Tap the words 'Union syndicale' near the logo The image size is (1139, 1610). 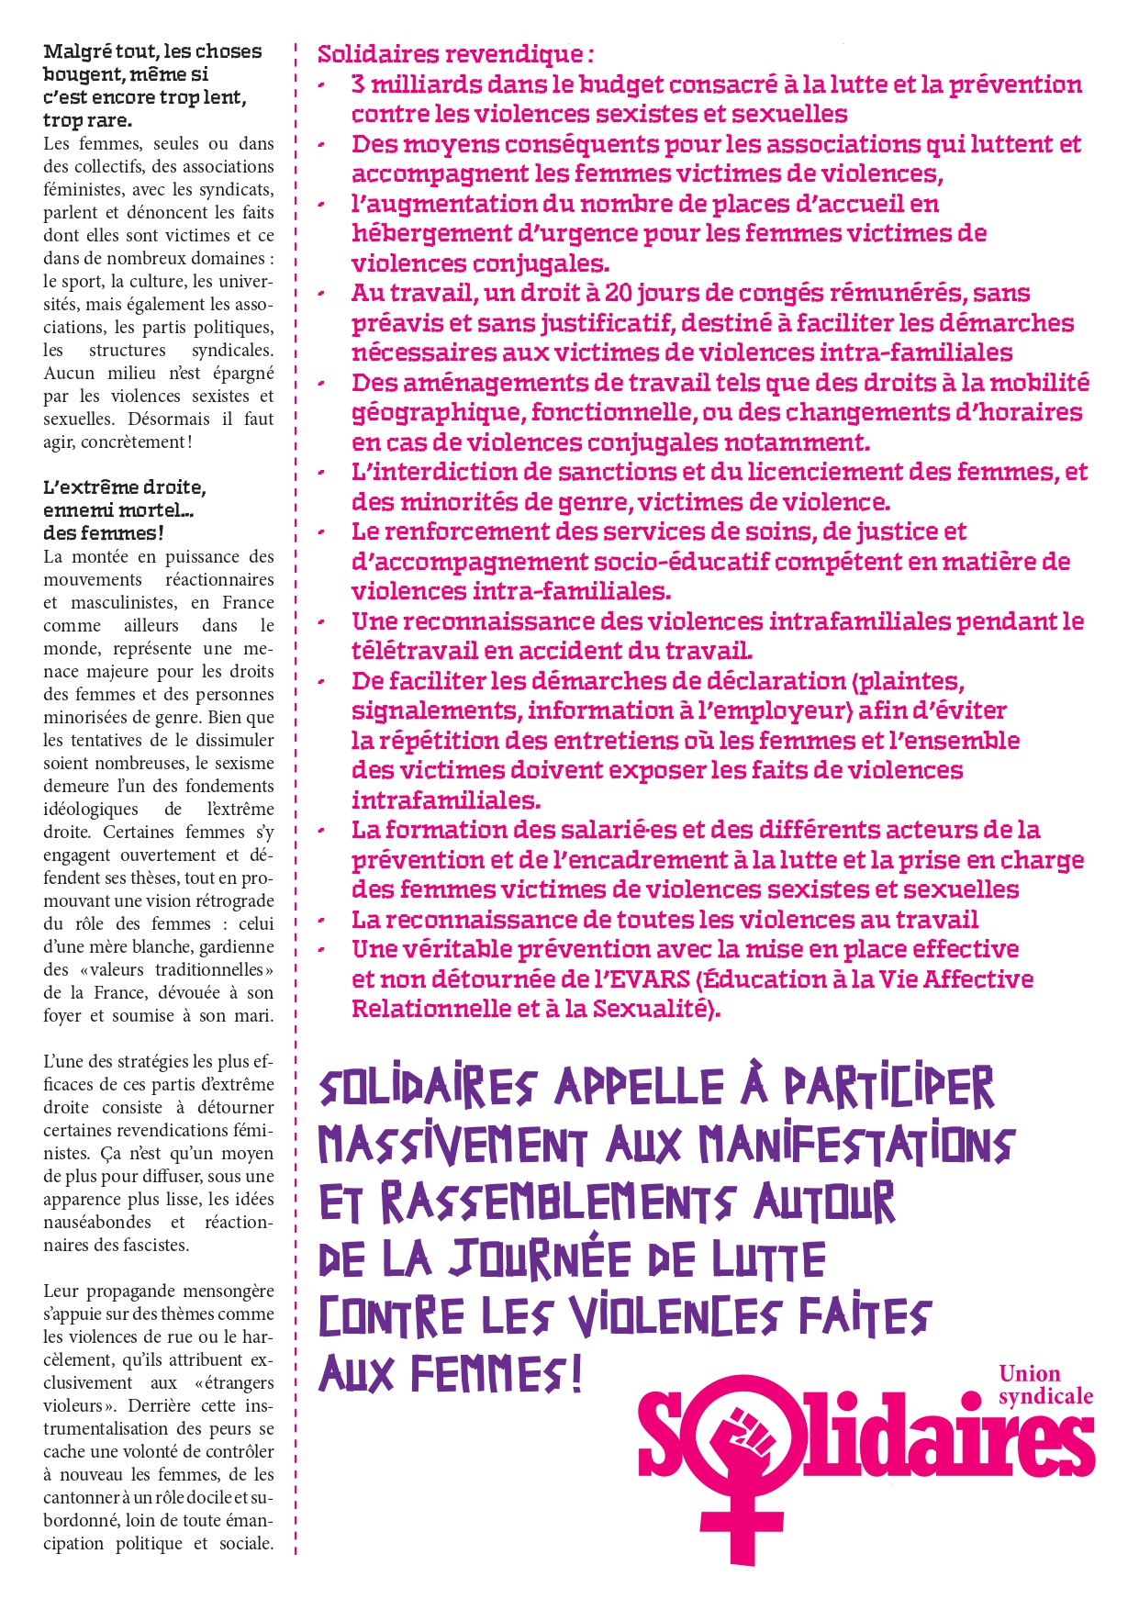coord(1044,1385)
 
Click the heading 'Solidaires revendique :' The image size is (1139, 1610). coord(455,54)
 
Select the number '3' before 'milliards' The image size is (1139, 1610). coord(358,84)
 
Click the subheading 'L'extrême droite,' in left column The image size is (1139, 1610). coord(125,487)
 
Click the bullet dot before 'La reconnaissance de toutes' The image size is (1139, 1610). coord(322,921)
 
